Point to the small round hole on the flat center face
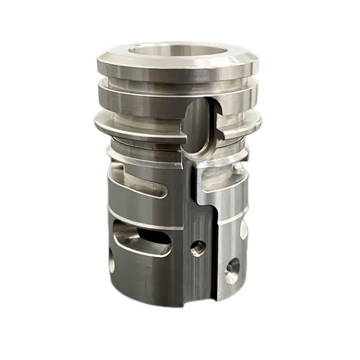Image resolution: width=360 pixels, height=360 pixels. (197, 246)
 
